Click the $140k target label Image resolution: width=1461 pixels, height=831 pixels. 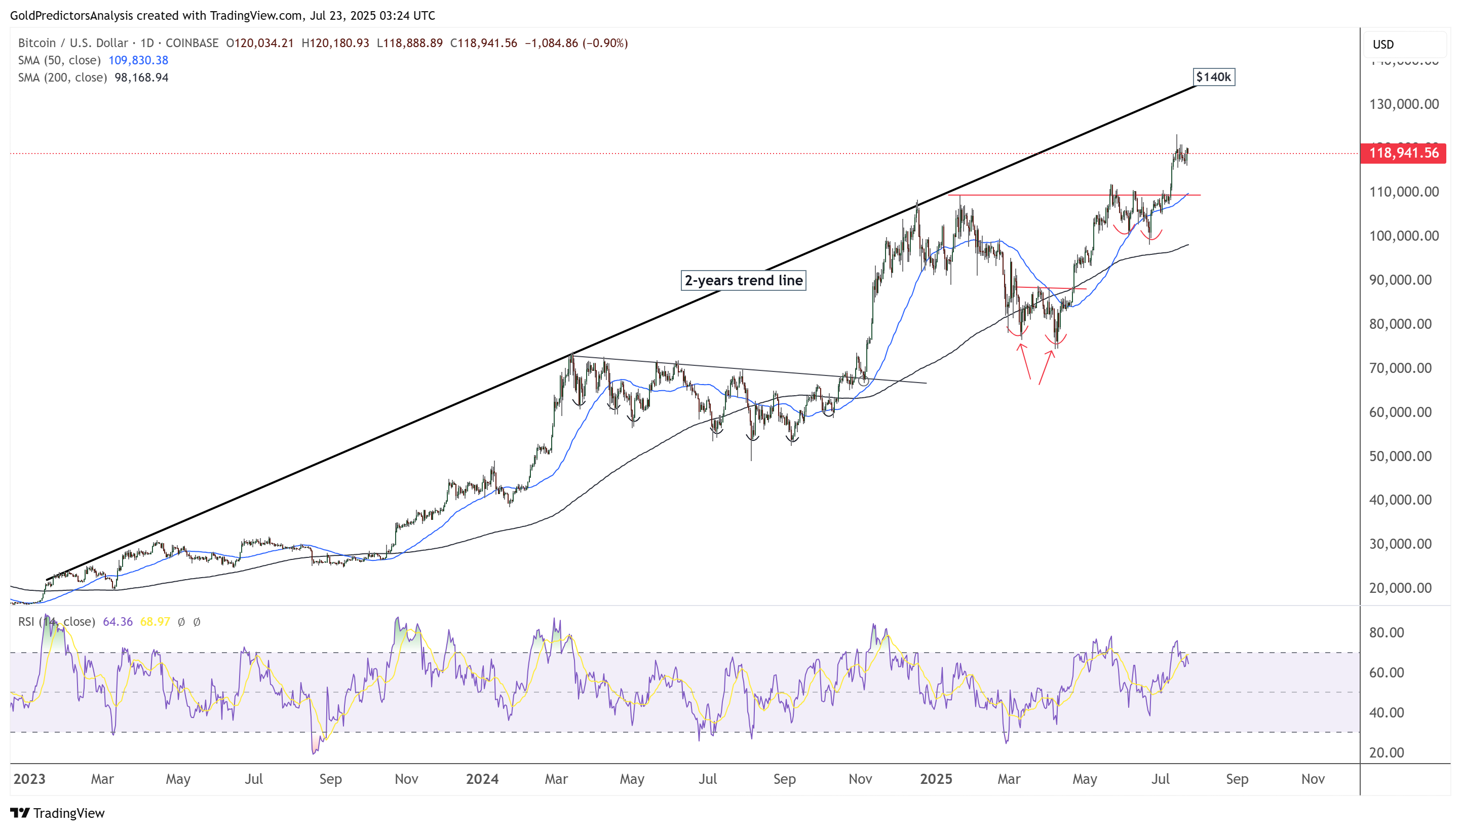(1213, 77)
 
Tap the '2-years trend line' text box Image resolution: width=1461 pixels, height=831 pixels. (743, 280)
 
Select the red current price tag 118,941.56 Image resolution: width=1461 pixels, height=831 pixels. (1403, 153)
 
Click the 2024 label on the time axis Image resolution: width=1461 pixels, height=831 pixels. (482, 779)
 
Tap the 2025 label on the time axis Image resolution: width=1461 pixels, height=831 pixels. (936, 779)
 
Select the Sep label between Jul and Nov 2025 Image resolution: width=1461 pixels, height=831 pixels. (1237, 779)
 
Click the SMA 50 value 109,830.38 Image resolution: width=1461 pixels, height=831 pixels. (138, 60)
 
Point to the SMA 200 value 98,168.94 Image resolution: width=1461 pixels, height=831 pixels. (141, 78)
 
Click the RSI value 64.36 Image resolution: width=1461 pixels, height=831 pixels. (118, 622)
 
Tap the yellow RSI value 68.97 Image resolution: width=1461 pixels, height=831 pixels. (155, 622)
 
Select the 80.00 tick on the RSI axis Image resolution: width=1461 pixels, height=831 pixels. (1386, 632)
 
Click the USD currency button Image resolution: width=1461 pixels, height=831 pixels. (1383, 45)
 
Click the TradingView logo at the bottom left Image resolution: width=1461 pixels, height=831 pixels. (58, 813)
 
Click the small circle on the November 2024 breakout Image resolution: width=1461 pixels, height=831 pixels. (863, 380)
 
